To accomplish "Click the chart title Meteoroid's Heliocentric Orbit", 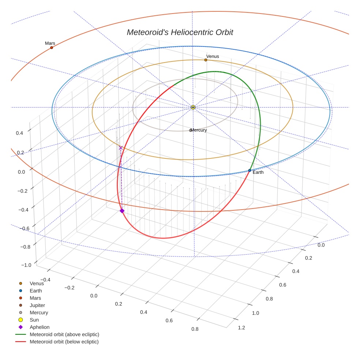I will click(180, 32).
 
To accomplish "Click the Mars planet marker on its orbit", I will click(52, 48).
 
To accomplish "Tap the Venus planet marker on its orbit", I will click(206, 60).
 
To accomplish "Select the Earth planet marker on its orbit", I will click(250, 170).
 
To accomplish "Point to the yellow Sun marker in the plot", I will click(193, 107).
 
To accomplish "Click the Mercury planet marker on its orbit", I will click(190, 130).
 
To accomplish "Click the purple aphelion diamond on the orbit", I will click(122, 211).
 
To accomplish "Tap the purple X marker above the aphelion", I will click(121, 148).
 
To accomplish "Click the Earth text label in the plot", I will click(258, 172).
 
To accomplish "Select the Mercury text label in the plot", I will click(199, 130).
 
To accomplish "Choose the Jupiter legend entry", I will click(37, 305).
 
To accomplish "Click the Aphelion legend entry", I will click(40, 327).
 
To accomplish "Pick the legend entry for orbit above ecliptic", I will click(64, 334).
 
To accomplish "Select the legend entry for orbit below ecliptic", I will click(64, 342).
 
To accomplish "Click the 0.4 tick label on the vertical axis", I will click(19, 133).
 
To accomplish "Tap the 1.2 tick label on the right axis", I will click(241, 327).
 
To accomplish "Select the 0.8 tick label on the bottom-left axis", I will click(195, 329).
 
